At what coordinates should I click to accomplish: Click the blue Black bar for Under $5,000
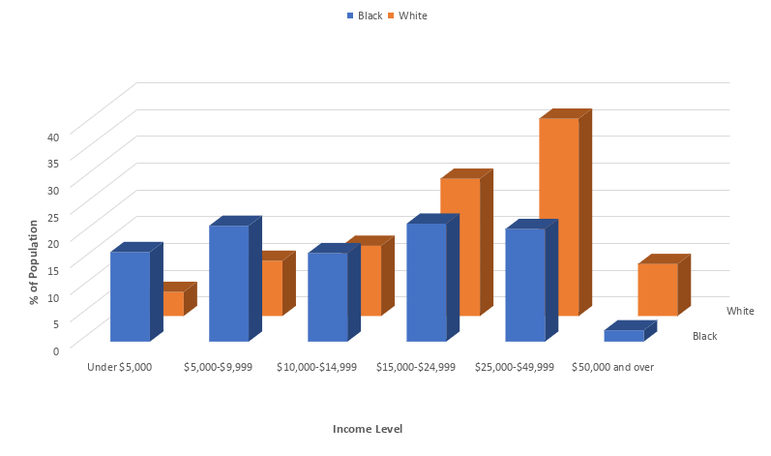coord(130,296)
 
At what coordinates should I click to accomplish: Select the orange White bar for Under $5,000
coord(174,303)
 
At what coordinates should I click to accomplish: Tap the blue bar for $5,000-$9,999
coord(228,283)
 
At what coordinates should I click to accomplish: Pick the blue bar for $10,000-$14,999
coord(327,296)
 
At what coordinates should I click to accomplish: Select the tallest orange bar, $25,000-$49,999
coord(558,217)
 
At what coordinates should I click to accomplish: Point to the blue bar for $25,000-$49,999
coord(524,285)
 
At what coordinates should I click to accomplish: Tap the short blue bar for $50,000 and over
coord(623,335)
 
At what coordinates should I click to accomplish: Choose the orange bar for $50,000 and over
coord(657,289)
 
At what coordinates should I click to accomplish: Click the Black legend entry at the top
coord(365,15)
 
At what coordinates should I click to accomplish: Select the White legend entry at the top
coord(407,15)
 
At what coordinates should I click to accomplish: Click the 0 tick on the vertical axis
coord(56,350)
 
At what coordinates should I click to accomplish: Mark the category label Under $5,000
coord(119,368)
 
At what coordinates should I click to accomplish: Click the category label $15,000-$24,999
coord(415,368)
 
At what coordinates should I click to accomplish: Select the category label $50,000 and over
coord(612,368)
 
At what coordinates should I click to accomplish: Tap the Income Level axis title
coord(367,429)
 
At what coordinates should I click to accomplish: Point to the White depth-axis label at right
coord(740,311)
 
